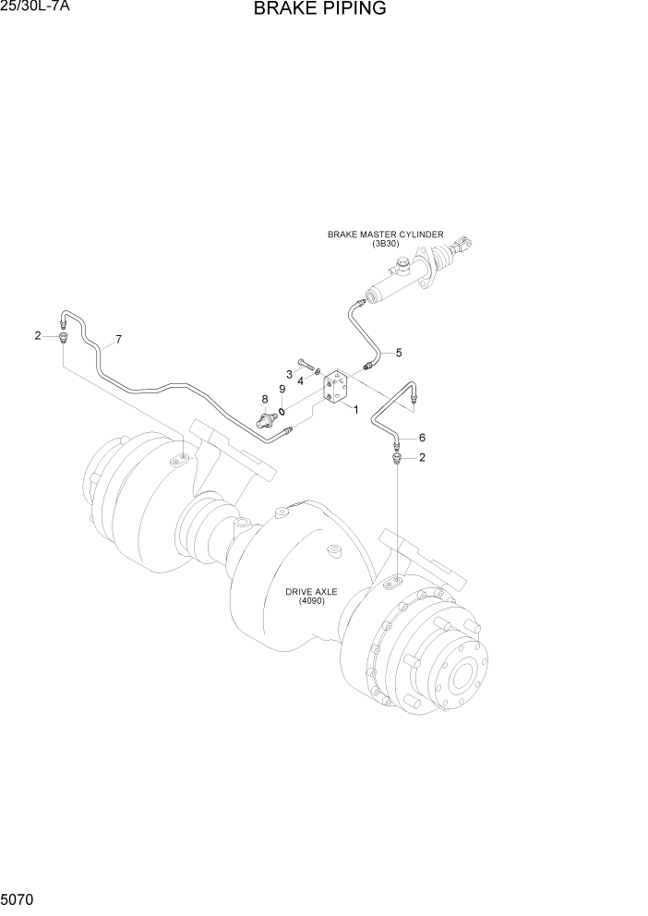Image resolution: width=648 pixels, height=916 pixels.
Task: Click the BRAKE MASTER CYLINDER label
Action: [x=386, y=235]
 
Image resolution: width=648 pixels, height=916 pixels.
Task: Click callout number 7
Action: [x=118, y=339]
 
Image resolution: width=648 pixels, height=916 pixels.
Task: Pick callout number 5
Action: [x=399, y=353]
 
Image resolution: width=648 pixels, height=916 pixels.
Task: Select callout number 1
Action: [x=354, y=410]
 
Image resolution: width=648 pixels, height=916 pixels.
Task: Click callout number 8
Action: [x=264, y=399]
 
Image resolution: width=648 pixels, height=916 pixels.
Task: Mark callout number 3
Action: [x=289, y=374]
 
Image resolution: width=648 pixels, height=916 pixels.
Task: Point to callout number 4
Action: [x=300, y=380]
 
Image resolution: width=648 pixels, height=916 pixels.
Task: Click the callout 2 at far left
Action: [x=38, y=335]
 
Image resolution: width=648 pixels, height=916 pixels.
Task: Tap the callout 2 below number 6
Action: [x=422, y=457]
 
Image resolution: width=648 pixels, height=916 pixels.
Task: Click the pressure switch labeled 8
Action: [x=269, y=420]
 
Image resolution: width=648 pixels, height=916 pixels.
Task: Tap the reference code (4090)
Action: [x=312, y=602]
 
